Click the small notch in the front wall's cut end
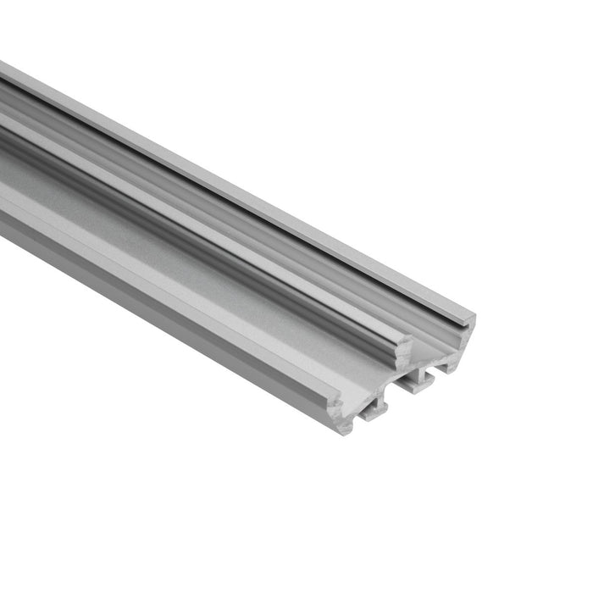[x=339, y=407]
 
